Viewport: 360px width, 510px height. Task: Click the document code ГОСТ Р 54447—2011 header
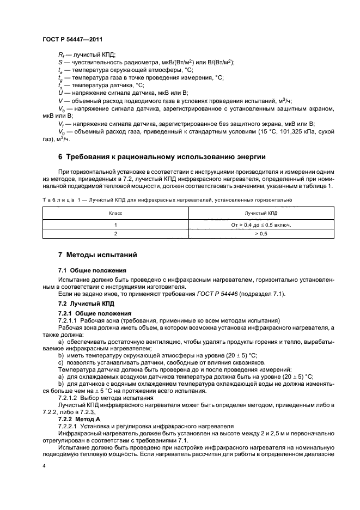tap(72, 40)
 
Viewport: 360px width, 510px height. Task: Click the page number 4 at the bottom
tap(44, 465)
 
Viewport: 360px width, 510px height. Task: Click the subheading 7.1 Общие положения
tap(92, 270)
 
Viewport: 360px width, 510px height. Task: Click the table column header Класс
tap(115, 214)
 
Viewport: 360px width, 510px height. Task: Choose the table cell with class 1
tap(115, 224)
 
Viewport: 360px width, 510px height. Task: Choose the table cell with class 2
tap(115, 233)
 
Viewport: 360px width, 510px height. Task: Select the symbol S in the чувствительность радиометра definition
tap(60, 62)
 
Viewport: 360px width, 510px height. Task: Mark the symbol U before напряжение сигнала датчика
tap(60, 93)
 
